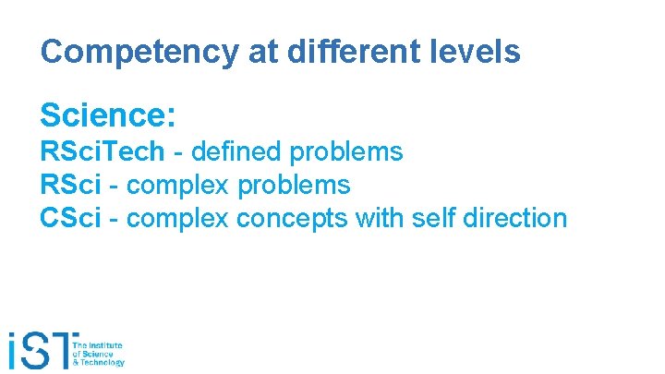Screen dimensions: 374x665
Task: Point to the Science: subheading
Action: (x=108, y=115)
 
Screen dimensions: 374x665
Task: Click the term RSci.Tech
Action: (x=103, y=151)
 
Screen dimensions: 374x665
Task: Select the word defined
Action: (x=236, y=151)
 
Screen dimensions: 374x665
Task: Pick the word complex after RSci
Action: (x=178, y=186)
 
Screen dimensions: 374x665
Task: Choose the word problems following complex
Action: (x=294, y=186)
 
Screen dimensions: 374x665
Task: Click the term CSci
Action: (x=69, y=219)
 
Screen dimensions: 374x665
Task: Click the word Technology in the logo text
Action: (x=106, y=363)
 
